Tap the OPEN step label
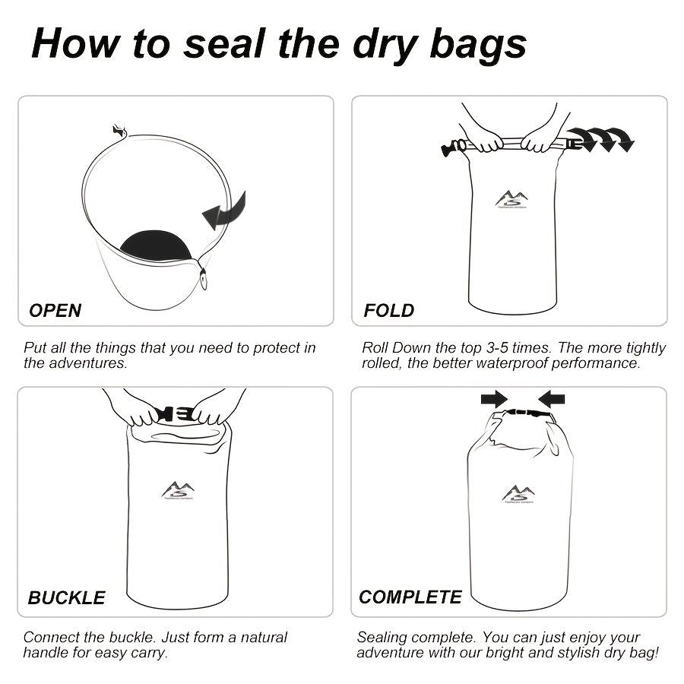(x=55, y=310)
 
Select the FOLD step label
(x=388, y=310)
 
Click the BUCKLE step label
(x=66, y=597)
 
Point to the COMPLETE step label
(x=410, y=597)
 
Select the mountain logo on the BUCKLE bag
(x=177, y=491)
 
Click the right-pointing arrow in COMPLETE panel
(x=493, y=398)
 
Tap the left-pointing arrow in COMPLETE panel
(x=551, y=398)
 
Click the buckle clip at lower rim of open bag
(x=204, y=277)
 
